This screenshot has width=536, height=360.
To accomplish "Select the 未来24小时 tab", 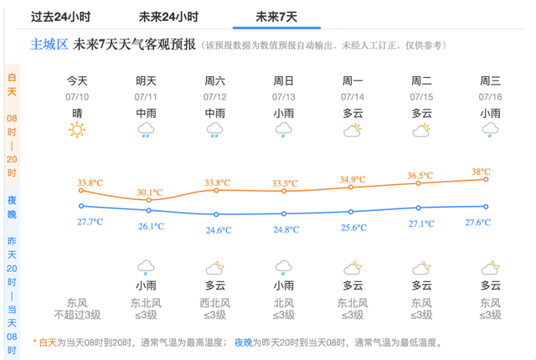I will pos(168,17).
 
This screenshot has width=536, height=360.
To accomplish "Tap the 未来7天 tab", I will pos(276,17).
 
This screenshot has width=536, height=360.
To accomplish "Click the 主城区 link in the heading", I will pos(49,44).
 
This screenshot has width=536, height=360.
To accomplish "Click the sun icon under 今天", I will pos(77,130).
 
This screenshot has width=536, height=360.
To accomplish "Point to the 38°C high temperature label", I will pos(481,172).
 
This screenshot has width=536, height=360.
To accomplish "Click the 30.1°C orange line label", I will pos(149,192).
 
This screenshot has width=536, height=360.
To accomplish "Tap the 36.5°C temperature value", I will pos(419,176).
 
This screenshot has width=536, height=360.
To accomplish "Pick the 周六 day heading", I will pos(214,81).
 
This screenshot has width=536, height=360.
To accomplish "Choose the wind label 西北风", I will pos(214,303).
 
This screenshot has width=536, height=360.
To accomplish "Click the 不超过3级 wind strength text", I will pos(77,315).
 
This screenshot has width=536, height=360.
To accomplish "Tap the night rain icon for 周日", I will pos(284,268).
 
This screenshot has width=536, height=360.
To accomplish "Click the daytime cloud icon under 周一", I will pos(353,130).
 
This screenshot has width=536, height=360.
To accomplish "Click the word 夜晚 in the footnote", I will pos(243,343).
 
